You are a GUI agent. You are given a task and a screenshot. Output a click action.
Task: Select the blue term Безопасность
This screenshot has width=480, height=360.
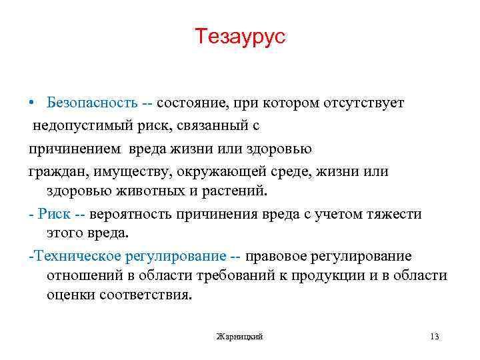pyautogui.click(x=92, y=103)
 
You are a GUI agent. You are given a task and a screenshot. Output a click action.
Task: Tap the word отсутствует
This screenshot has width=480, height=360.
pyautogui.click(x=364, y=103)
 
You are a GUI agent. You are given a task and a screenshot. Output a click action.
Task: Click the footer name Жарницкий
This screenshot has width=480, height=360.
pyautogui.click(x=240, y=336)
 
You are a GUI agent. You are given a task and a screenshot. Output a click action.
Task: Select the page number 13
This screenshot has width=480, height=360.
pyautogui.click(x=435, y=336)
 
